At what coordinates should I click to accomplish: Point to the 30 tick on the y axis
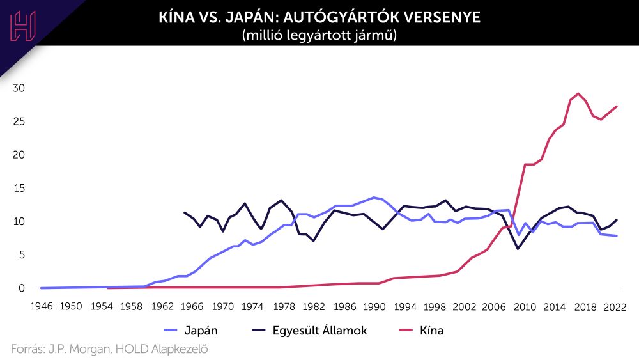pos(19,88)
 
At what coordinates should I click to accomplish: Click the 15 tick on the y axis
pos(19,189)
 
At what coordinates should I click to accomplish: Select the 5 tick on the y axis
pos(22,255)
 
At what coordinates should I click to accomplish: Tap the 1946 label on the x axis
pos(40,306)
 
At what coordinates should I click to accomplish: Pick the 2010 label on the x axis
pos(525,306)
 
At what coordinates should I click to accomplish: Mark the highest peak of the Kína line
pos(578,93)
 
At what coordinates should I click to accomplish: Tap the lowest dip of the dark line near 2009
pos(518,248)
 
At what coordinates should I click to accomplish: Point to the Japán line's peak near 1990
pos(374,198)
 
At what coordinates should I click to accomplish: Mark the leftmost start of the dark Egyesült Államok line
pos(185,213)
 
